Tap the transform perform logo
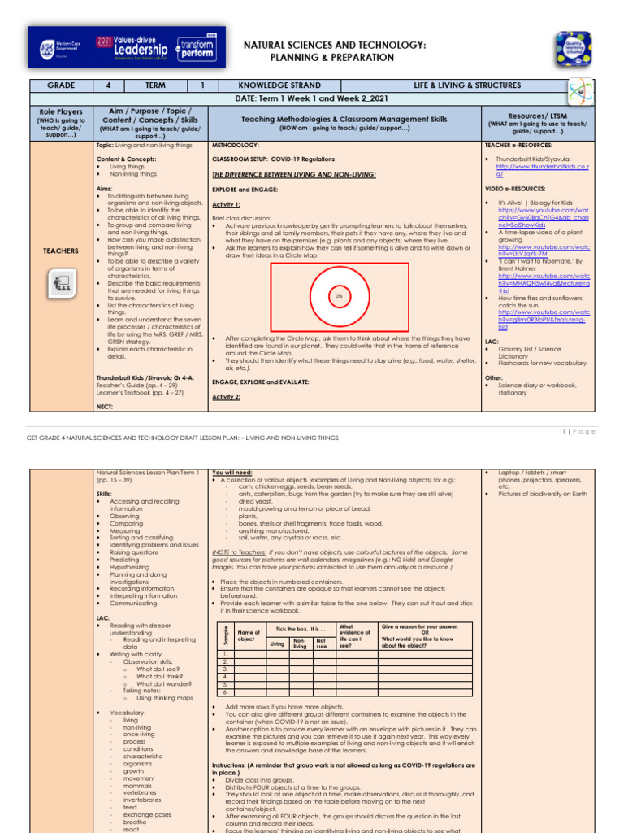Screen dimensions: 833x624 click(x=190, y=46)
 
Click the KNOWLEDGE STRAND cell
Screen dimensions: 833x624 click(x=279, y=85)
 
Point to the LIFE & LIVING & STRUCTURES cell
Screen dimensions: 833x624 click(x=464, y=85)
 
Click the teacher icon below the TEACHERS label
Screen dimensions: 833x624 click(x=60, y=283)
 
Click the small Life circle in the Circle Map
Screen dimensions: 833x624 click(x=339, y=296)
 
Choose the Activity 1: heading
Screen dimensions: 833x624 click(x=227, y=205)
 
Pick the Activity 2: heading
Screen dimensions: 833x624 click(x=227, y=397)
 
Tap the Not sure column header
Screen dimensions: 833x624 click(x=323, y=641)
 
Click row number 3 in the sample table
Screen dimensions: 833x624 click(x=225, y=669)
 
